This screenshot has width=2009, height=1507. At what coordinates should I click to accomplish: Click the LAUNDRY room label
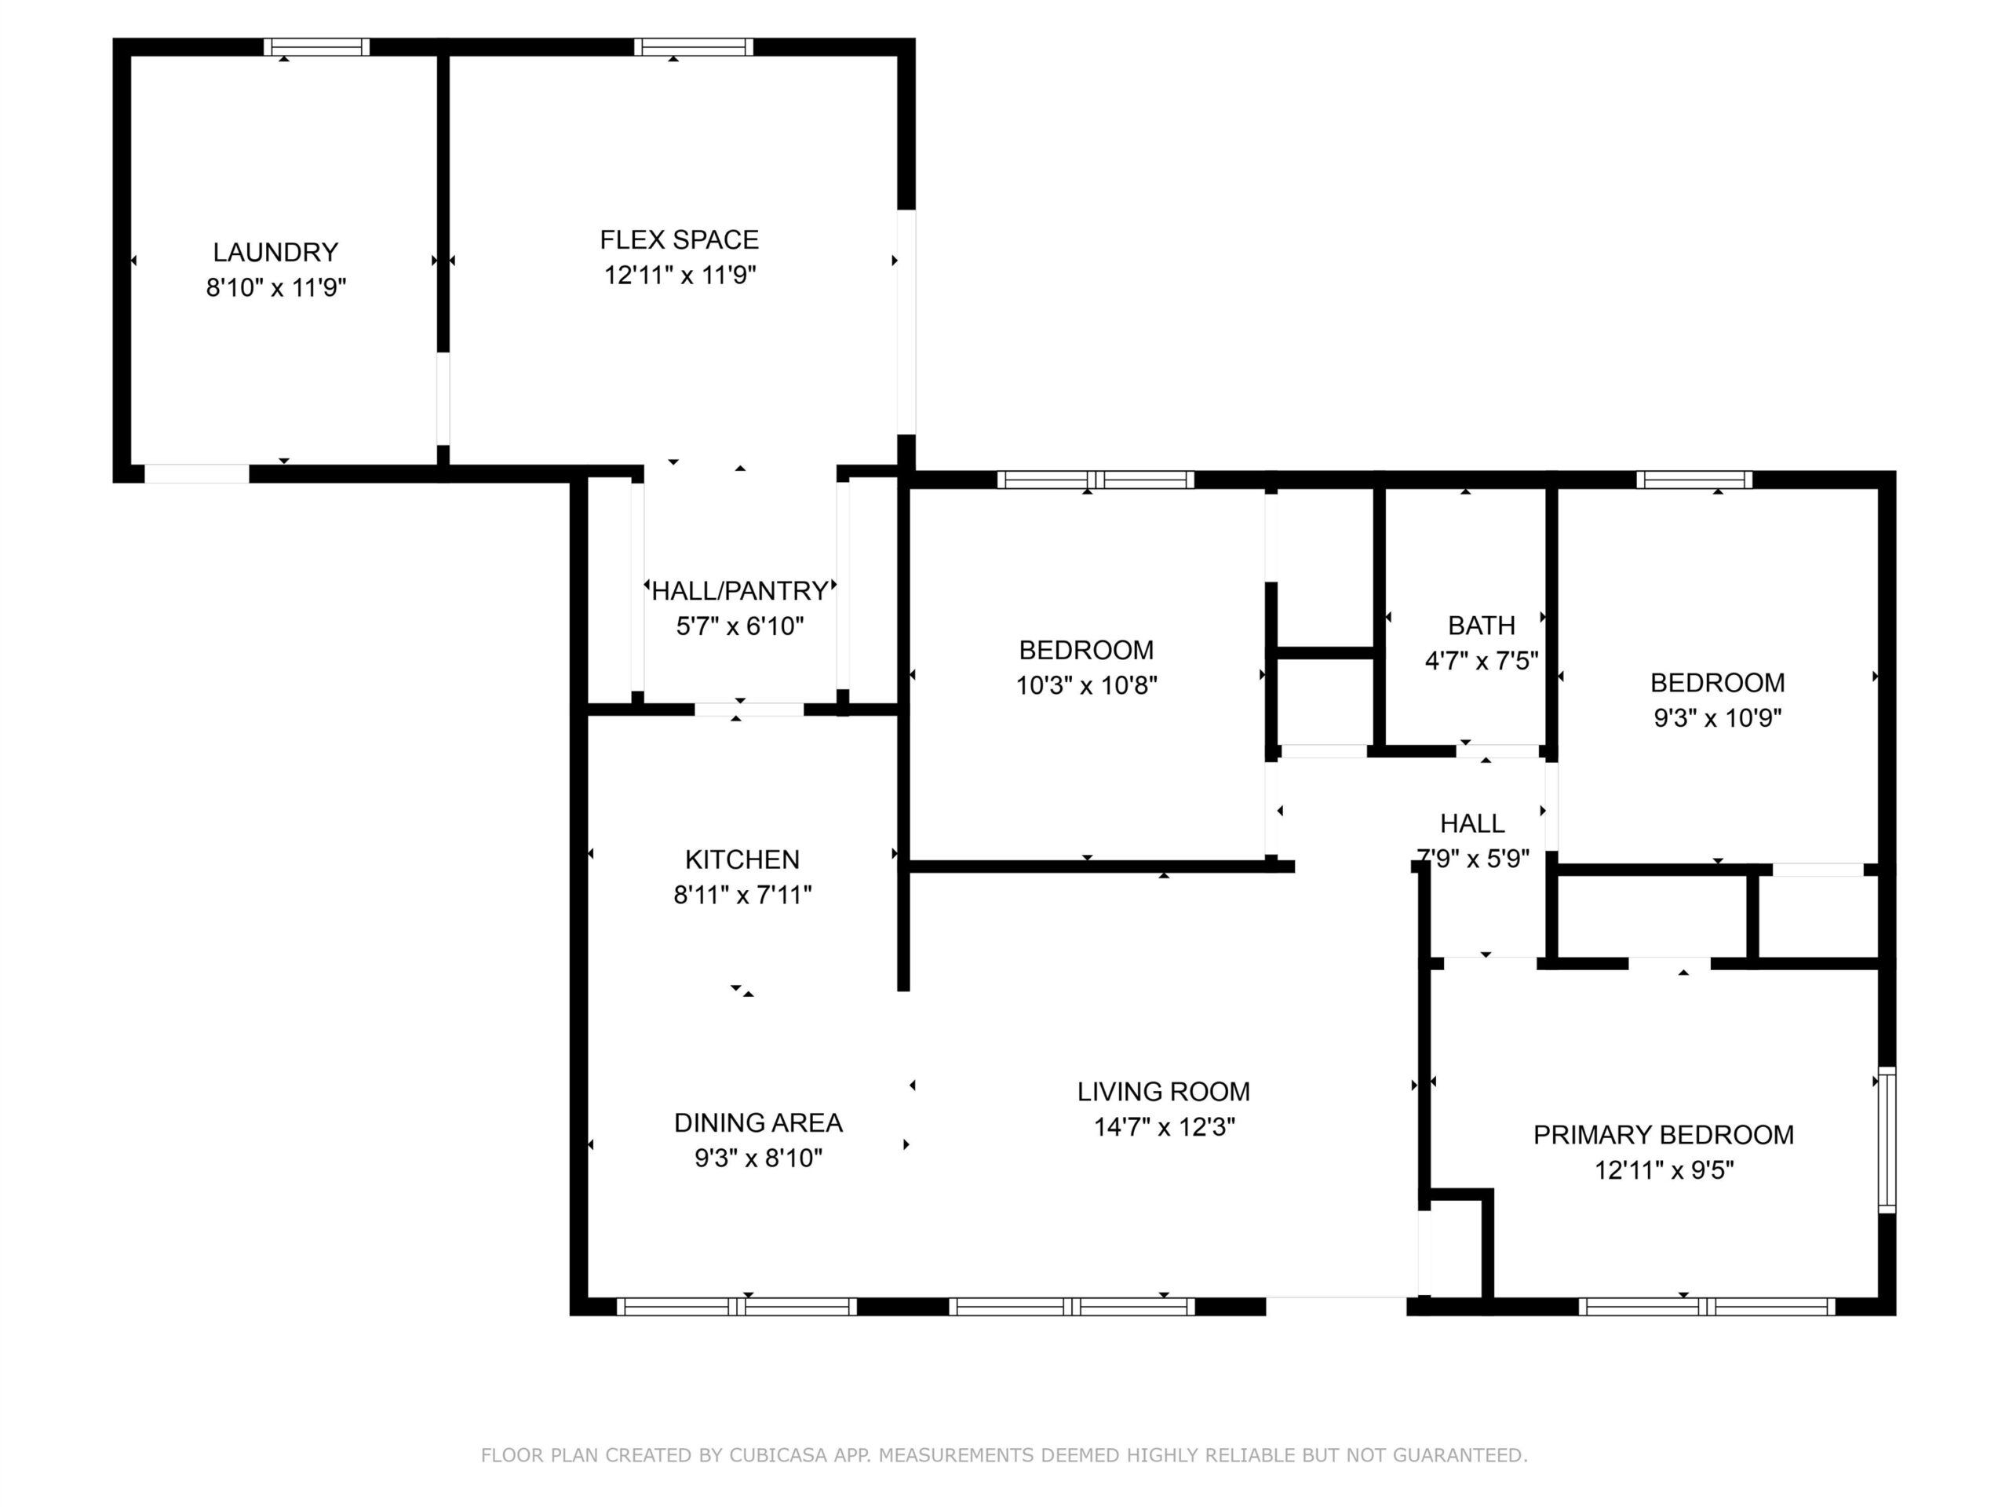tap(275, 252)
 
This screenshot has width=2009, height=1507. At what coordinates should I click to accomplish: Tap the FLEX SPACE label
tap(680, 240)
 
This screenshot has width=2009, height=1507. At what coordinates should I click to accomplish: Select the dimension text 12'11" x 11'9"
tap(680, 275)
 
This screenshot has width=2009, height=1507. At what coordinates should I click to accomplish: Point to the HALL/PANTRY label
tap(740, 591)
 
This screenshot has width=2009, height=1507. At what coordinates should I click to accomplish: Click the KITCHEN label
tap(742, 859)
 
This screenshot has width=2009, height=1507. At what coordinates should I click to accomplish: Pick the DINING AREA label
tap(758, 1122)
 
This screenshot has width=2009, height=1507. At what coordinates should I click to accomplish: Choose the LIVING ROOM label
tap(1164, 1091)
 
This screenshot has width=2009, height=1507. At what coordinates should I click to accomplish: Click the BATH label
tap(1482, 626)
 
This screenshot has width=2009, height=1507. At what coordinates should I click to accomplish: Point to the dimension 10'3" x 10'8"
tap(1086, 685)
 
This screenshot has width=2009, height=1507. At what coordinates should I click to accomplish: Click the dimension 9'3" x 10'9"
tap(1717, 717)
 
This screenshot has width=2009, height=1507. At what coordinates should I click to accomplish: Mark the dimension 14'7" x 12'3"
tap(1165, 1126)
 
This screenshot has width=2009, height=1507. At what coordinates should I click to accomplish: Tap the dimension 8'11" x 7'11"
tap(742, 895)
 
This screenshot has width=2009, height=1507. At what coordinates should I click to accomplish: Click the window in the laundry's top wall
tap(317, 47)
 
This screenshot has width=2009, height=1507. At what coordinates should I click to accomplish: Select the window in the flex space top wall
tap(693, 47)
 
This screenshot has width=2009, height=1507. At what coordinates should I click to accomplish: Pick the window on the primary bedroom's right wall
tap(1887, 1139)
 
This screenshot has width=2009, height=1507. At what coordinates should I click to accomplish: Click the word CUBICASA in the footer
tap(778, 1455)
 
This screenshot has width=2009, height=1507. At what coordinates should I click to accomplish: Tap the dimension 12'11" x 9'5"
tap(1664, 1170)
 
